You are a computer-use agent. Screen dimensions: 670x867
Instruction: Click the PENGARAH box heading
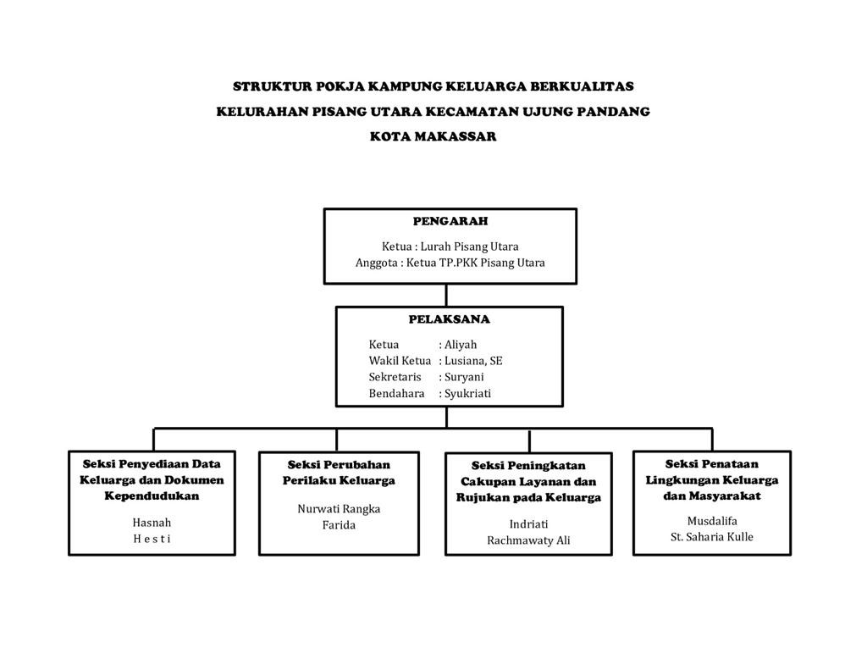[x=450, y=221]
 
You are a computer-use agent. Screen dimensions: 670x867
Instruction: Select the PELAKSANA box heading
[x=449, y=319]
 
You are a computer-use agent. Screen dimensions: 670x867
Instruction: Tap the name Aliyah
[x=461, y=345]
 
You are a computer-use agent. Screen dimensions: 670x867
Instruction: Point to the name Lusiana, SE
[x=472, y=361]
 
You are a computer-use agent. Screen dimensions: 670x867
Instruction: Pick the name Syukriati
[x=467, y=393]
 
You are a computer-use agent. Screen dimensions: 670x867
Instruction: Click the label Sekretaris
[x=395, y=377]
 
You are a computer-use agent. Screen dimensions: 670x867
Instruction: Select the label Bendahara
[x=396, y=393]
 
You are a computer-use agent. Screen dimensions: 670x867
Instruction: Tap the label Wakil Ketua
[x=400, y=361]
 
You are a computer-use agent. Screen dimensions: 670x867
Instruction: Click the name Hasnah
[x=152, y=523]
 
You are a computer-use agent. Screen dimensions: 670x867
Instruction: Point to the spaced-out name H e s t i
[x=152, y=539]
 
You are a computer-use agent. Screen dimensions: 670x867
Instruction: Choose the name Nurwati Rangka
[x=339, y=509]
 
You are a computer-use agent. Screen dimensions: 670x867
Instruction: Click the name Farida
[x=339, y=525]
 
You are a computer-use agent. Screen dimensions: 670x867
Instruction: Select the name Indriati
[x=528, y=523]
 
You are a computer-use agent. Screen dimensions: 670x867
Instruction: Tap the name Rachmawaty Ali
[x=528, y=540]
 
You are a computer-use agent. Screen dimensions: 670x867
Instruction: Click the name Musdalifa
[x=711, y=521]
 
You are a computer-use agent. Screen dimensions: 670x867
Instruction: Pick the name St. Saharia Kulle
[x=711, y=537]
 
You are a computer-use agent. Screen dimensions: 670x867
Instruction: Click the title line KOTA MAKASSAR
[x=433, y=136]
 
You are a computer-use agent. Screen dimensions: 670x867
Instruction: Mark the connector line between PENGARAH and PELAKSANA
[x=447, y=295]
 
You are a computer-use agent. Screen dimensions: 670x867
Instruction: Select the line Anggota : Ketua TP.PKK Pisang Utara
[x=450, y=263]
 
